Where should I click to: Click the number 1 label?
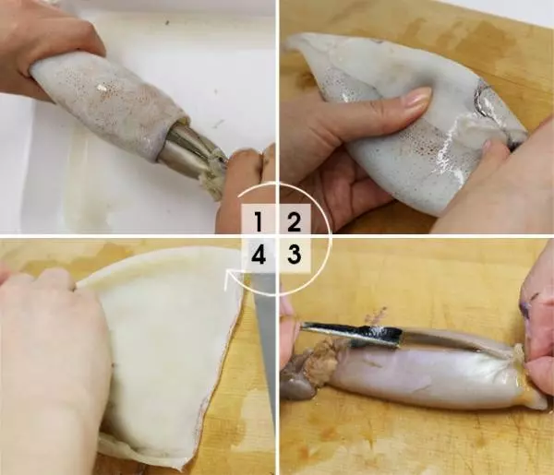(259, 222)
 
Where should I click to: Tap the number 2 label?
(294, 222)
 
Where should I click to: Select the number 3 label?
(294, 255)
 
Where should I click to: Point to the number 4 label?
(259, 255)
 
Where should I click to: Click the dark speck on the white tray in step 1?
(167, 22)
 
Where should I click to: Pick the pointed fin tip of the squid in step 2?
(289, 45)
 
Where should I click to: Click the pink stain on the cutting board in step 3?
(377, 314)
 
